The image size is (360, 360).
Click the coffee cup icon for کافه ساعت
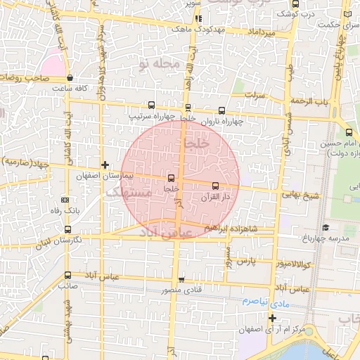coord(70,78)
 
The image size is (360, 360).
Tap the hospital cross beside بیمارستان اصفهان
coord(105,165)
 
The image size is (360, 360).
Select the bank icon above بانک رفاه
coord(65,200)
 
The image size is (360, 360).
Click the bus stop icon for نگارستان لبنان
coord(67,229)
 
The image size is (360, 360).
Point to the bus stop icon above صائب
coord(67,275)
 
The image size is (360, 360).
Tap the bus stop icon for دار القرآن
coord(215,186)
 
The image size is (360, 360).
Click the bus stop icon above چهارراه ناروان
coord(222,110)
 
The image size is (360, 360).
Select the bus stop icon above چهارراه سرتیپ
coord(153,105)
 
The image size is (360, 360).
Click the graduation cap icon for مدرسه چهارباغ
coord(326,227)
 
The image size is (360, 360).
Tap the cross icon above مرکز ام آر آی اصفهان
coord(272,318)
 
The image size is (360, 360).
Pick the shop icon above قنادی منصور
coord(181,280)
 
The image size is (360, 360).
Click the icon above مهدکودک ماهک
coord(199,19)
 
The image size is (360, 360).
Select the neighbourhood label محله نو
coord(160,64)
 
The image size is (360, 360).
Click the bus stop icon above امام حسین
coord(349,133)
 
